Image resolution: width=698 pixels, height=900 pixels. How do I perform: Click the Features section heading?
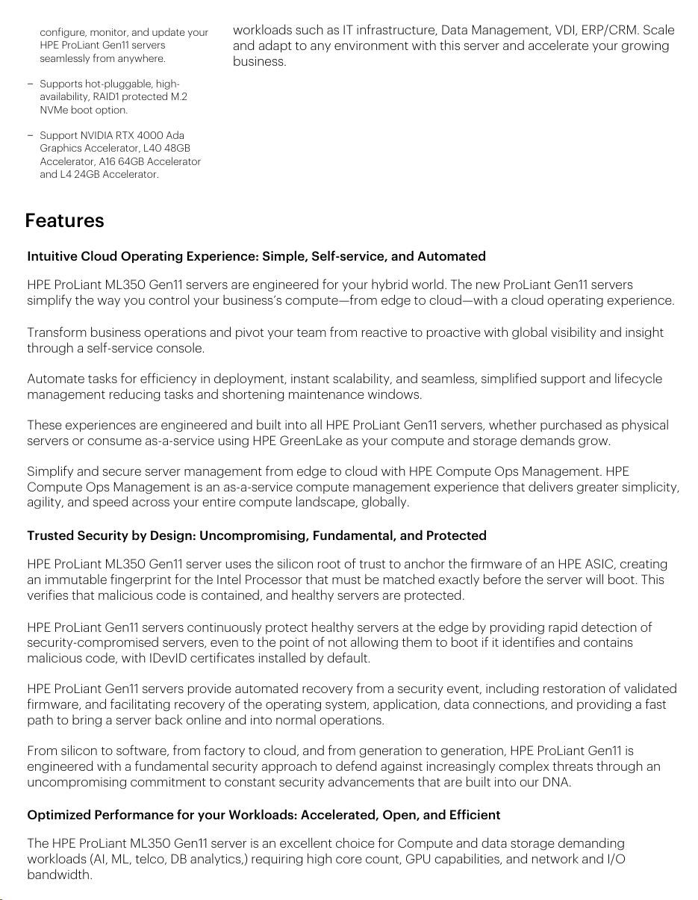64,221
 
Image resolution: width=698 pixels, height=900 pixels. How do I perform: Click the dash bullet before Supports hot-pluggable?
30,84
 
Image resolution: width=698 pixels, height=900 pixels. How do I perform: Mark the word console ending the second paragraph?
180,349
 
